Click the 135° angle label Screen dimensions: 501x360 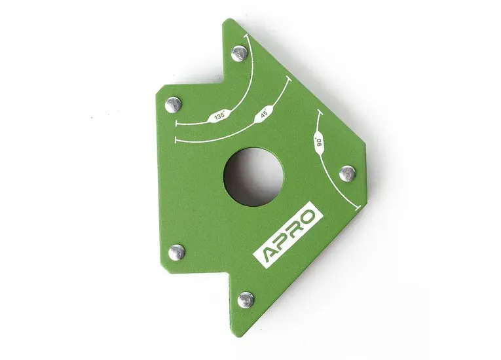click(219, 117)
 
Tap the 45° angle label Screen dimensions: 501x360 click(264, 115)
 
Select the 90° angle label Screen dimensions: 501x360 click(319, 142)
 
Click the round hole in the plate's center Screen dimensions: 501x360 click(253, 177)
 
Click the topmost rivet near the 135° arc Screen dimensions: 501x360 click(240, 53)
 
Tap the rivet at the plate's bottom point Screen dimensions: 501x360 click(246, 300)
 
